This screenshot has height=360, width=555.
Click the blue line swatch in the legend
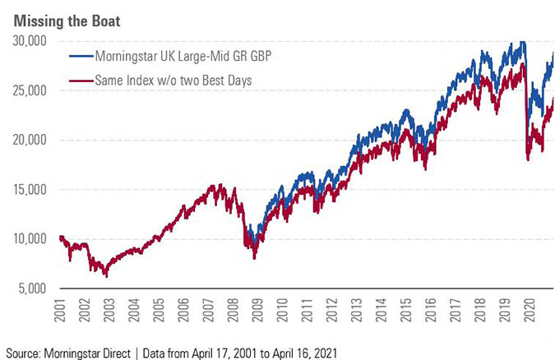coord(79,57)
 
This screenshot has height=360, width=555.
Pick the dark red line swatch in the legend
coord(79,81)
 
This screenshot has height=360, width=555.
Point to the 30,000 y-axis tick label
coord(31,40)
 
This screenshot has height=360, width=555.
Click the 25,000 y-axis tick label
coord(31,90)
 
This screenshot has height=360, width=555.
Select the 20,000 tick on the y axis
coord(31,140)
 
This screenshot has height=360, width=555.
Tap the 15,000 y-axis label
coord(31,189)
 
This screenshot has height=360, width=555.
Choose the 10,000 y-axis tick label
coord(31,239)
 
